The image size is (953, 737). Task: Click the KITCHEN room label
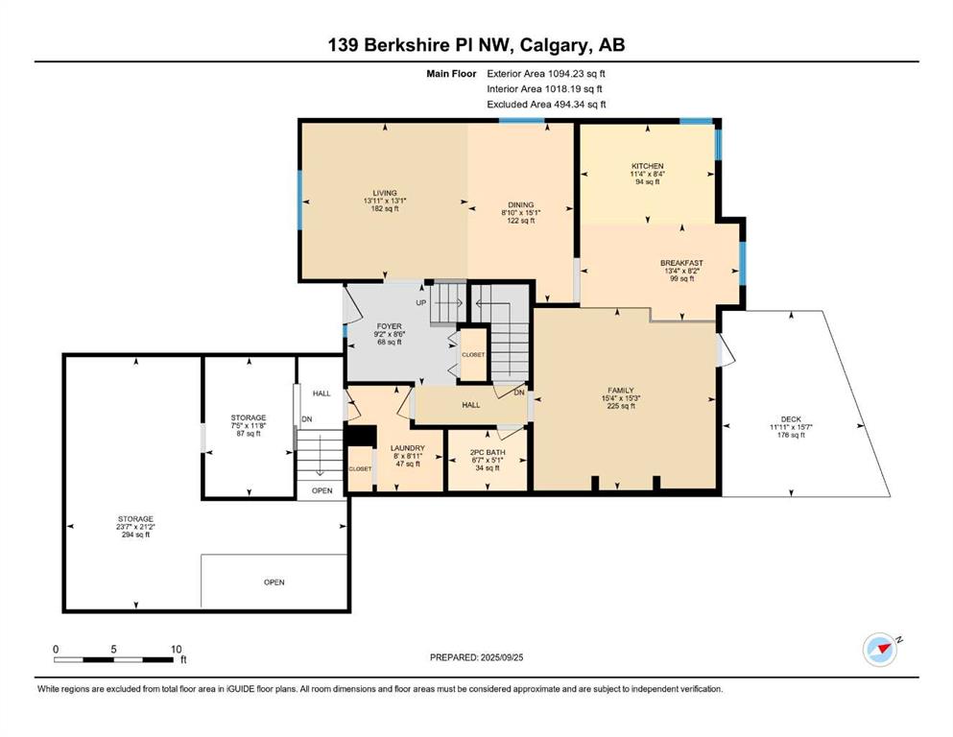647,166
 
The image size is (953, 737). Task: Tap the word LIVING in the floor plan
385,193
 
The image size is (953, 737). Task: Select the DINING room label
521,204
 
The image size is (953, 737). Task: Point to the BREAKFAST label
682,263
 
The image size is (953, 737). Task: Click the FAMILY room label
621,390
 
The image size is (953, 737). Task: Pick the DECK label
791,419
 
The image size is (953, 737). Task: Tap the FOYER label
389,326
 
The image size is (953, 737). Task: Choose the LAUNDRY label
407,448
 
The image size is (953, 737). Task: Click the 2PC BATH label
488,453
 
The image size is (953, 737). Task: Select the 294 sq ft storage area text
135,535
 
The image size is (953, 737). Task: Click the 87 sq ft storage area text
249,433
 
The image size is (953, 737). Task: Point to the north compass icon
880,649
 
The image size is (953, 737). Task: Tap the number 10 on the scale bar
176,649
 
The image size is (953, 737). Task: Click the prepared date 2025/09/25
502,657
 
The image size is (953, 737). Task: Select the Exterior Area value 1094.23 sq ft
577,74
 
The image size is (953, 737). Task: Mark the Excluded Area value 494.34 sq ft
580,104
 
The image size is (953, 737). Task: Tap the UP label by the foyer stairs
421,302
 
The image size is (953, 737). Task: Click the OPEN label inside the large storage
274,582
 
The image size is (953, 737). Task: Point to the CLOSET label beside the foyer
473,355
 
